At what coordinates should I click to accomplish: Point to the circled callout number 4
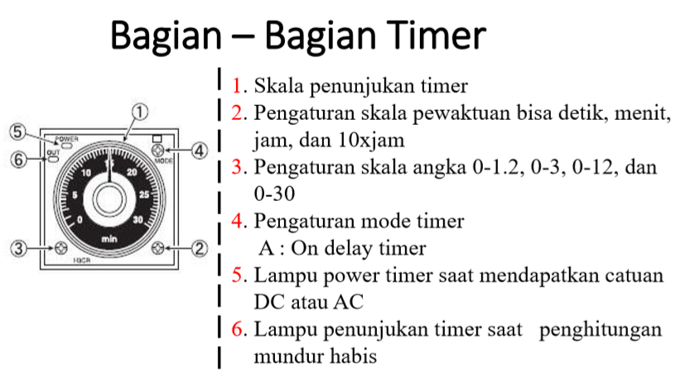click(x=200, y=151)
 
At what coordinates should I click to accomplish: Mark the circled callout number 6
click(x=17, y=159)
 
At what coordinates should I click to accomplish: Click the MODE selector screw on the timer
click(x=160, y=151)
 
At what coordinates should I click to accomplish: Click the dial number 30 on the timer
click(x=138, y=220)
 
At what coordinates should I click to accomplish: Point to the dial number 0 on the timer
click(x=80, y=220)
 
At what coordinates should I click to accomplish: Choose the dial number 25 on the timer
click(x=144, y=195)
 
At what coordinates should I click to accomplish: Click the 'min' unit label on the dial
click(x=109, y=239)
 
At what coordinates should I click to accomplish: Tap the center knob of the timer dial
click(x=109, y=199)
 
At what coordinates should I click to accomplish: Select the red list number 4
click(x=239, y=222)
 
